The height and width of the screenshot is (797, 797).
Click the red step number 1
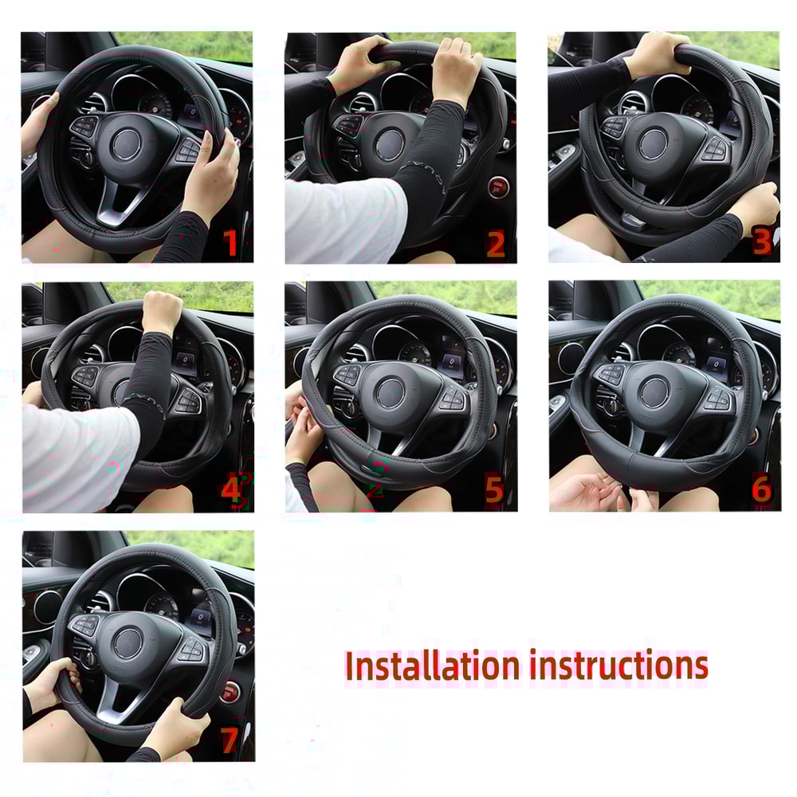coord(231,242)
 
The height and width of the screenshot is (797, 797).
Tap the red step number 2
coord(495,244)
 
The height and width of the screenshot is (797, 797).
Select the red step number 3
coord(761,241)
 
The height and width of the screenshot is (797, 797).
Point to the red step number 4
coord(232,492)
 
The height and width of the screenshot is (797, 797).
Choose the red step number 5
coord(494,491)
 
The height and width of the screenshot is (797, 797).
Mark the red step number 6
coord(761,489)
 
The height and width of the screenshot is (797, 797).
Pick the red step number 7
coord(230,740)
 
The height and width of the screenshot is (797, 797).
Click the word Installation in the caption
coord(431,666)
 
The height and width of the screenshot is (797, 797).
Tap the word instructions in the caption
coord(618,665)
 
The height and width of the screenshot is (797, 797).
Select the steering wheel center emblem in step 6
coord(654,391)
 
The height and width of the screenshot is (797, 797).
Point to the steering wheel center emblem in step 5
coord(391,392)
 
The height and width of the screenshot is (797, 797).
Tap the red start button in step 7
coord(230,690)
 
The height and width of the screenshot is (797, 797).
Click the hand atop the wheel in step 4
coord(162,311)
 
